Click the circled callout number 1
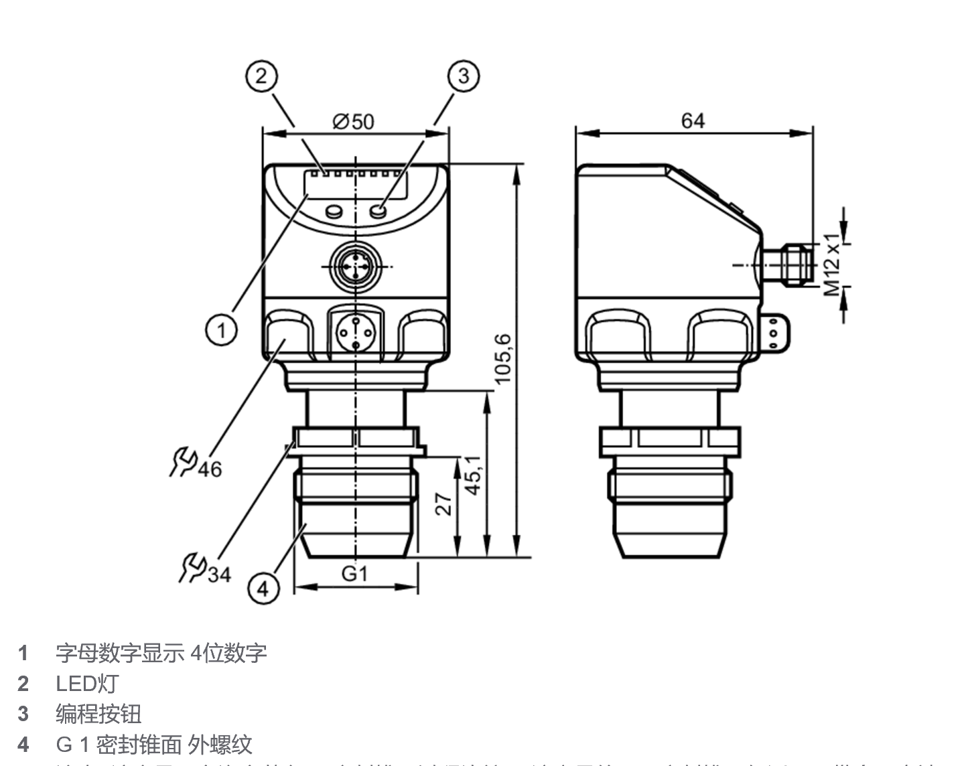tap(221, 329)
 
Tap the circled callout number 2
tap(261, 75)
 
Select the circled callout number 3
tap(464, 75)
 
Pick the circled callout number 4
tap(263, 589)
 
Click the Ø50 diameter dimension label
tap(353, 121)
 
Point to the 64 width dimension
tap(693, 121)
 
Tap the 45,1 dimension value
tap(472, 475)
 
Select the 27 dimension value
tap(443, 504)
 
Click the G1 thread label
tap(355, 574)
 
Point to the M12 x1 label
tap(831, 264)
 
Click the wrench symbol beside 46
tap(182, 462)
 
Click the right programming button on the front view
tap(378, 212)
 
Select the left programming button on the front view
tap(333, 212)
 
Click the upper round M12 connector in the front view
tap(355, 266)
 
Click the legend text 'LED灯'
tap(87, 684)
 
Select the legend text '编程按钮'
tap(98, 714)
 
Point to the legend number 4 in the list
tap(23, 744)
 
